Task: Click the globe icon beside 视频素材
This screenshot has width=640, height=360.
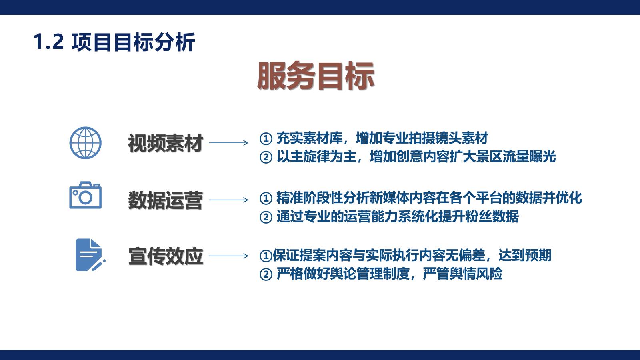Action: pos(86,143)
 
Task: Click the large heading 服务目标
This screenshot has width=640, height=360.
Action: pos(316,76)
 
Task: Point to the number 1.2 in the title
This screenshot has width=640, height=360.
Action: pos(48,42)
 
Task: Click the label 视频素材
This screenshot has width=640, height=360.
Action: pos(165,143)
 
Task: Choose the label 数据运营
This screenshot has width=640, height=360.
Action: pos(165,200)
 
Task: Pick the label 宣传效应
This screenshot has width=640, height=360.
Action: pos(165,256)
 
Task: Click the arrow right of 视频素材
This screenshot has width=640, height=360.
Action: pos(228,143)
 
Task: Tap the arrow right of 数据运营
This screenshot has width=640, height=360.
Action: pos(228,200)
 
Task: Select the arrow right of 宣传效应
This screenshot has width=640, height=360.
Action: pos(228,256)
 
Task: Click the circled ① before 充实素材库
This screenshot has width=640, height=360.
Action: pos(266,139)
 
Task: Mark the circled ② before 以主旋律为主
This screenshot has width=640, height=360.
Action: pos(266,157)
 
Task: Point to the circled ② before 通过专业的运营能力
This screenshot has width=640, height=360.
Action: pos(266,217)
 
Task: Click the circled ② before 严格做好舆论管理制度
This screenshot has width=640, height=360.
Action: pos(266,275)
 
